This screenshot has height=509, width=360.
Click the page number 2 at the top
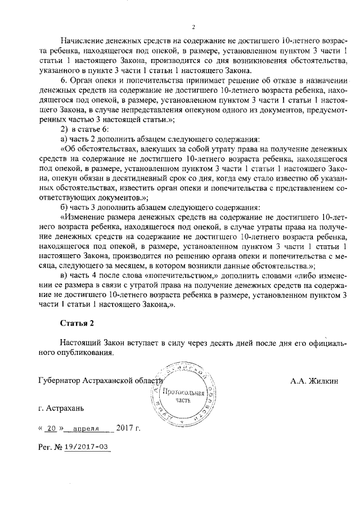coord(192,27)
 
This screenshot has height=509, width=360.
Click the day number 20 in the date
coord(52,428)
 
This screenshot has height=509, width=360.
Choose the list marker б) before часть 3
coord(64,207)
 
